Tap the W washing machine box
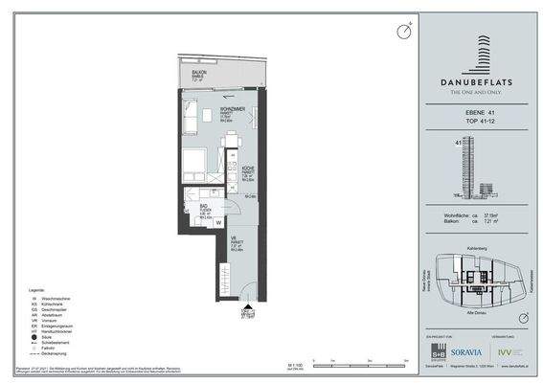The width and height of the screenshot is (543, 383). (x=218, y=222)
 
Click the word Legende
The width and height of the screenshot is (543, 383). (x=35, y=287)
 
